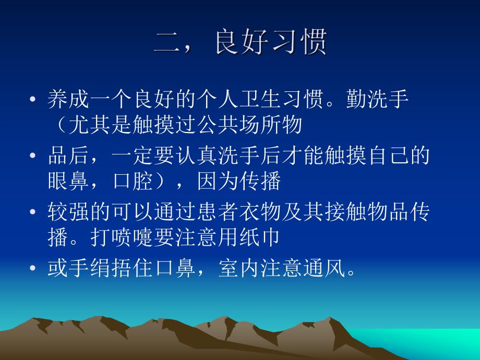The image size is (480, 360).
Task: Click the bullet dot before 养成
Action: pos(33,100)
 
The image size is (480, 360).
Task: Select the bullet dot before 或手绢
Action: pos(33,269)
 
